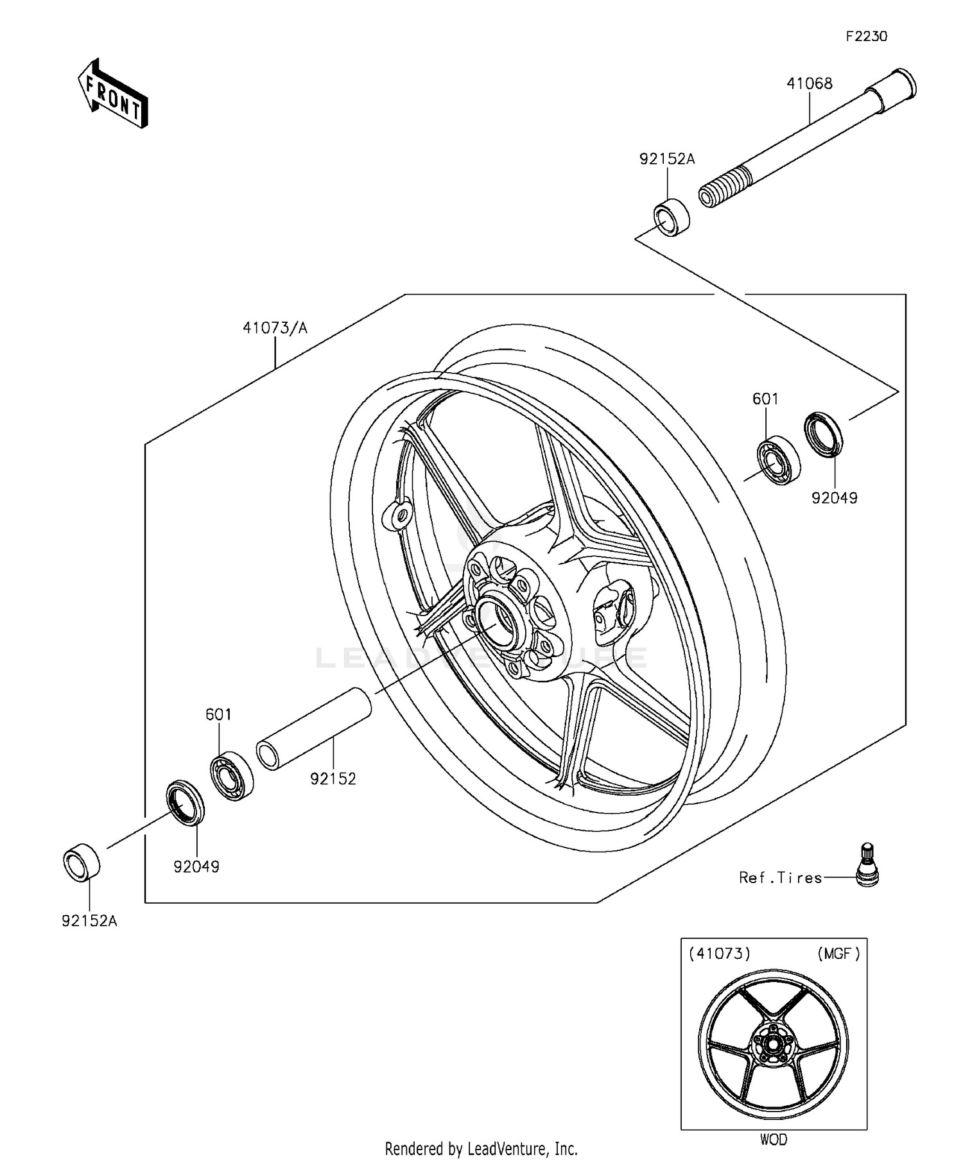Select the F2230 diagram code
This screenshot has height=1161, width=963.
point(866,37)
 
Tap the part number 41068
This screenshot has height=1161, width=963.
point(810,83)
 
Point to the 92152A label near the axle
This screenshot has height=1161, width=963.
point(666,159)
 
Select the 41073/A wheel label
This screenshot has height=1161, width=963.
point(275,328)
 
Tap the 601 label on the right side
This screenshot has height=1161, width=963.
point(765,399)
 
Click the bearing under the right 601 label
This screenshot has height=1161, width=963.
point(777,460)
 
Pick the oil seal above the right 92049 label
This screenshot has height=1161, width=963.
point(824,434)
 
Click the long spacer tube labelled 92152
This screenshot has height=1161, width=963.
point(315,728)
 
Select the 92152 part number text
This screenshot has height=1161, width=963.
point(333,778)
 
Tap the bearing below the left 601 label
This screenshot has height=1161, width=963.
point(232,775)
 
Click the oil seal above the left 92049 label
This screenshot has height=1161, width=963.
point(186,802)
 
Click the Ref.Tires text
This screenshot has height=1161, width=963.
point(780,877)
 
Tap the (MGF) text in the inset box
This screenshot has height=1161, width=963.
point(838,954)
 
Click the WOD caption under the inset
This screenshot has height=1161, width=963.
point(773,1139)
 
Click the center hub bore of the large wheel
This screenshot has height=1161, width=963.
point(496,621)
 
